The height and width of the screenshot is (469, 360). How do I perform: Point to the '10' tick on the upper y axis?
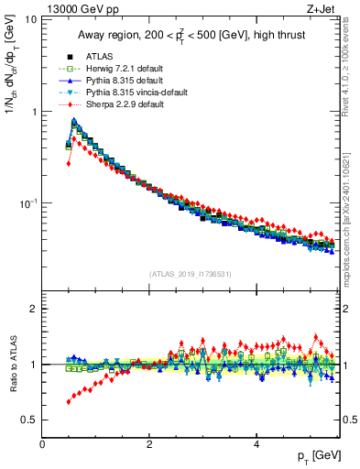click(30, 20)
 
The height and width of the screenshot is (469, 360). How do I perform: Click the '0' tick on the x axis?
click(42, 443)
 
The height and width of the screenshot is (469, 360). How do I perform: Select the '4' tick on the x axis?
click(256, 443)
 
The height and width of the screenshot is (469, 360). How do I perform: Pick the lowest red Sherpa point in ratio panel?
click(69, 401)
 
